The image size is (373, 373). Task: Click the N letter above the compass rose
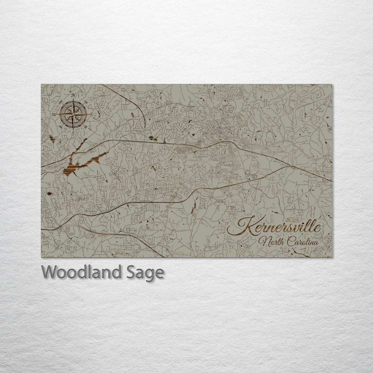tap(73, 96)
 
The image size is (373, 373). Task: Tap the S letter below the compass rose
tap(73, 132)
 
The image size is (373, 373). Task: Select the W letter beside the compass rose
tap(54, 114)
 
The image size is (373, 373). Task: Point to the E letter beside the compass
tap(92, 114)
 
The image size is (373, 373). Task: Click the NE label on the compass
tap(85, 102)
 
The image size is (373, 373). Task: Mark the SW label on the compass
tap(61, 127)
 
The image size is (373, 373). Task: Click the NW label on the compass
tap(61, 102)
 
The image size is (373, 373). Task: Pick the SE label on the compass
tap(85, 127)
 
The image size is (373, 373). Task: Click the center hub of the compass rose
tap(73, 114)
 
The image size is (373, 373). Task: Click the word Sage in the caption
tap(145, 273)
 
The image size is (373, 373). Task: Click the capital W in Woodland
tap(49, 272)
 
